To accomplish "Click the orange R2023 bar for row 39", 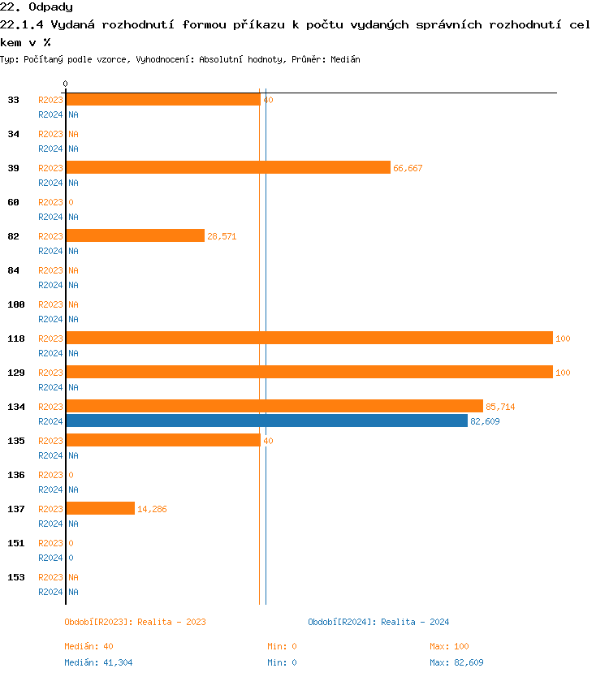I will pyautogui.click(x=228, y=168).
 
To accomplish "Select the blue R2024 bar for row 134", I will pyautogui.click(x=267, y=421).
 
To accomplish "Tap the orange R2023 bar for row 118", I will pyautogui.click(x=309, y=338).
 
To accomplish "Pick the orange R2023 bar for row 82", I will pyautogui.click(x=136, y=236).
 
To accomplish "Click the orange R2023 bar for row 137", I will pyautogui.click(x=101, y=509).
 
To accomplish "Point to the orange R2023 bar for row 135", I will pyautogui.click(x=163, y=441).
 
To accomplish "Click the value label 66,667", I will pyautogui.click(x=408, y=168).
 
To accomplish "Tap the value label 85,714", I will pyautogui.click(x=500, y=407).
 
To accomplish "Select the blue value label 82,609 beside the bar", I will pyautogui.click(x=485, y=421).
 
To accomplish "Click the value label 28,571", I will pyautogui.click(x=222, y=236).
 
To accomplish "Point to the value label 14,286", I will pyautogui.click(x=152, y=509).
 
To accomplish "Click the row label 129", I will pyautogui.click(x=16, y=373).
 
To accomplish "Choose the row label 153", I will pyautogui.click(x=16, y=577).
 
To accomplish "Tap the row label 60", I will pyautogui.click(x=14, y=202).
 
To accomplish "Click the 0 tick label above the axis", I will pyautogui.click(x=66, y=84).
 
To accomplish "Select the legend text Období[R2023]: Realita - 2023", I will pyautogui.click(x=135, y=622).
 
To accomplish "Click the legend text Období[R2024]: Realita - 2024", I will pyautogui.click(x=378, y=622).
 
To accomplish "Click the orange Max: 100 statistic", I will pyautogui.click(x=449, y=646).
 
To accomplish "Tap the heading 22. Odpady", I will pyautogui.click(x=37, y=7).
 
